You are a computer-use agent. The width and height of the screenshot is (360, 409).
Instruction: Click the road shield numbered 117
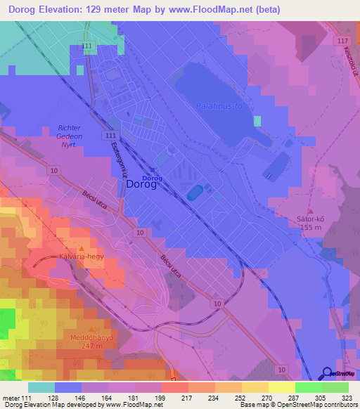342,41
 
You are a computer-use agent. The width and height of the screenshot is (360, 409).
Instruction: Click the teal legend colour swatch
41,387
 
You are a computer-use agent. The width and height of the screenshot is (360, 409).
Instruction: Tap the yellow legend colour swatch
281,387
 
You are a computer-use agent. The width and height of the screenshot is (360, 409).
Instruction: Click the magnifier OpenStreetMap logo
328,373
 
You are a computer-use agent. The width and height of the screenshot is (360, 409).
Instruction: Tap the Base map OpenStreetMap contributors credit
297,405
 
